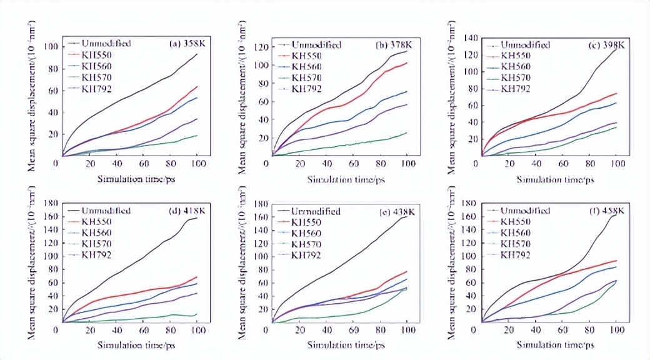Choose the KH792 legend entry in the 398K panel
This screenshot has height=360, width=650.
coord(516,89)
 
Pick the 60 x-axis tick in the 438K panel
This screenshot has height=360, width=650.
coord(353,329)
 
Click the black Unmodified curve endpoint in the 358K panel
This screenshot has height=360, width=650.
coord(197,54)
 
